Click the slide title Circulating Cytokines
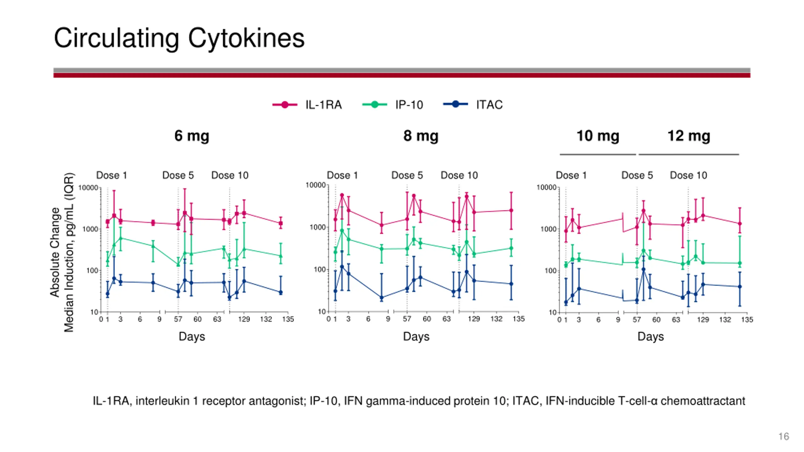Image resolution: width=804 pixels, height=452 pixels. (179, 38)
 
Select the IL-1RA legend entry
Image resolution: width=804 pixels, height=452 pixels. (323, 105)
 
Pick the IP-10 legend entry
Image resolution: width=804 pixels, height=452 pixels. (409, 105)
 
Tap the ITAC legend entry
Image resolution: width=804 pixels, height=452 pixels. (489, 105)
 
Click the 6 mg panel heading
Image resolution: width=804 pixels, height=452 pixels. (192, 136)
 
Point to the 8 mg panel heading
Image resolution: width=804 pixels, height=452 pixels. (421, 136)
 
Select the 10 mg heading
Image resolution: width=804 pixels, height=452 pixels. (598, 136)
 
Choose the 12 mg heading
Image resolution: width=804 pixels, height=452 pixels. (688, 136)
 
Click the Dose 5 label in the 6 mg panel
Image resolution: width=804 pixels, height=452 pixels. (178, 175)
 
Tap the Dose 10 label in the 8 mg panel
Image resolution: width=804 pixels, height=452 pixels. (459, 175)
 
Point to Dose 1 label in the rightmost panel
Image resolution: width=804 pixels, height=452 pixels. (571, 175)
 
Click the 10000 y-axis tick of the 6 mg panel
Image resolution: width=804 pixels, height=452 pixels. (88, 188)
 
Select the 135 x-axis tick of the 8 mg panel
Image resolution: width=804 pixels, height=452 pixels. (519, 319)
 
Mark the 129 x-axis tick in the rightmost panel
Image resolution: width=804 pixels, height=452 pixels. (703, 320)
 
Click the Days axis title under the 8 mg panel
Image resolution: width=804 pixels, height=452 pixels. (416, 336)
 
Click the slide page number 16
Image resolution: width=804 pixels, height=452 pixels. (784, 436)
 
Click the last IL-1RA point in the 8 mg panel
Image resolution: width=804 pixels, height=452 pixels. (511, 210)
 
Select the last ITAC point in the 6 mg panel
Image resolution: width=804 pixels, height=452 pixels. (281, 292)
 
